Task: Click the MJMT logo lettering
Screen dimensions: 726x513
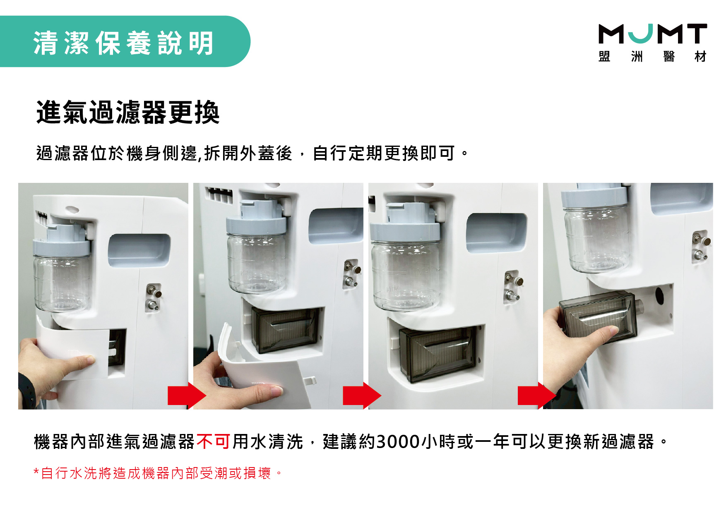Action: pos(653,34)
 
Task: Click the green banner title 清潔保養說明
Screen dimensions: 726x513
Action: pos(123,43)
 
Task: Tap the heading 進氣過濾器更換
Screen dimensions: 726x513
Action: pos(128,112)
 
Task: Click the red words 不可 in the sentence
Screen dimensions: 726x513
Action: pos(214,441)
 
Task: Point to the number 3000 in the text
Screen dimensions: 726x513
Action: pos(398,441)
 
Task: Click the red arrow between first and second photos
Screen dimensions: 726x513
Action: pos(187,396)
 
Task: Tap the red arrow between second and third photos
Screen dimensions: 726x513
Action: pos(362,396)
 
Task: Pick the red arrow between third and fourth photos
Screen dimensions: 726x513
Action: pos(537,396)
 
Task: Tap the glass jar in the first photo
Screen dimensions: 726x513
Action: pos(62,283)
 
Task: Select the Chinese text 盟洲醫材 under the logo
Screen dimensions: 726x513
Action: pos(653,56)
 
